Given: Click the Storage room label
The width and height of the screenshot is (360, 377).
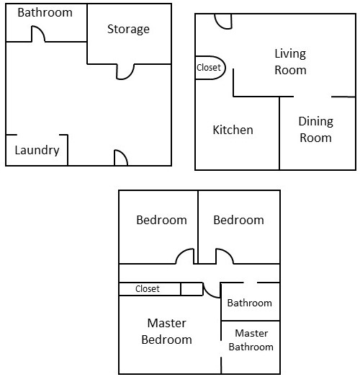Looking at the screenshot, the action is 128,30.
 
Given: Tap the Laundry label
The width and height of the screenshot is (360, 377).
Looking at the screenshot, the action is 37,150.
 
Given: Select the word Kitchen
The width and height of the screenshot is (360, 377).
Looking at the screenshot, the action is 233,130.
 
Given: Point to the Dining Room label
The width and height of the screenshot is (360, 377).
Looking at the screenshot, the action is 315,130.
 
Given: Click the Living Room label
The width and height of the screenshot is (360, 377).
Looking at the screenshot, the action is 290,62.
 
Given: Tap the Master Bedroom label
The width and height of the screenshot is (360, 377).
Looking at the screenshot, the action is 166,332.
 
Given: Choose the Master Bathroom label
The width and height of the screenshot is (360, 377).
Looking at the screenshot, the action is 251,340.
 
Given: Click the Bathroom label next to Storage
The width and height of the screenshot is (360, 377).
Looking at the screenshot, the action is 45,12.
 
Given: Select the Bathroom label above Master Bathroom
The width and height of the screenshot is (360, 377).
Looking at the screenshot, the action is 250,303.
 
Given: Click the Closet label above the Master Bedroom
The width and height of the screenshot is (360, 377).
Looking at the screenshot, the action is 147,289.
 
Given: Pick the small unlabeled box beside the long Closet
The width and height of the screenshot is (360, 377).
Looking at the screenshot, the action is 192,289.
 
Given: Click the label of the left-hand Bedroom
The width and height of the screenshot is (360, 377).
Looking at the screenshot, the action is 161,221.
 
